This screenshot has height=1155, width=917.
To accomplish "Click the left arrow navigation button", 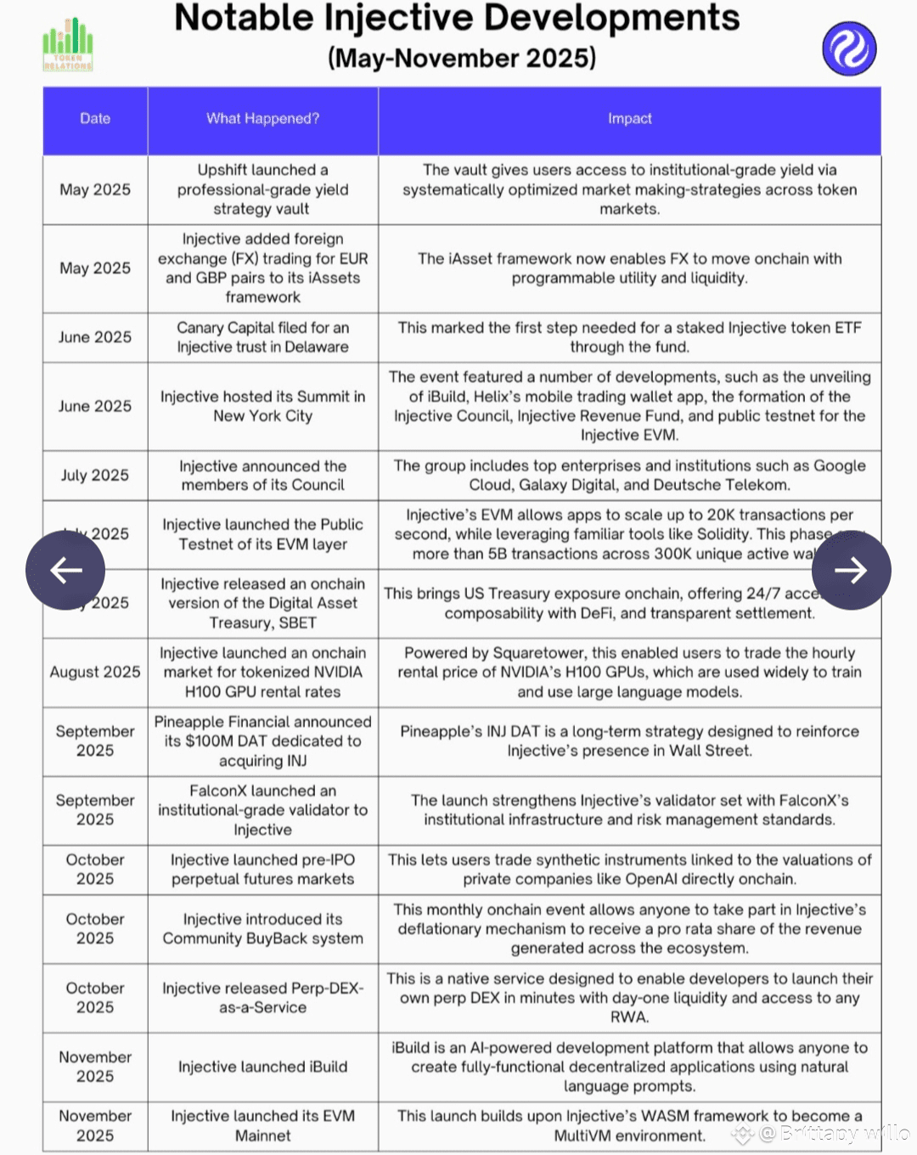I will (65, 570).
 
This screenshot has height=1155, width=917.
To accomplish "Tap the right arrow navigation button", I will (850, 570).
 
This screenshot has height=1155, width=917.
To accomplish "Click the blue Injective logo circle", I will (849, 48).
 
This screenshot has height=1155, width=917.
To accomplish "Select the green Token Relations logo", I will (68, 46).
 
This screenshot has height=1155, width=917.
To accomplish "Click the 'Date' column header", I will (95, 119).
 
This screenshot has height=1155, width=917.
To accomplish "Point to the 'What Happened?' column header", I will (262, 119).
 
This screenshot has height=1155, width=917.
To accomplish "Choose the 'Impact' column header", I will (629, 119).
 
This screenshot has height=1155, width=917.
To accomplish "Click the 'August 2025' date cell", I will (95, 672).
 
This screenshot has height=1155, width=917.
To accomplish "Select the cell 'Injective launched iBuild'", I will (262, 1067).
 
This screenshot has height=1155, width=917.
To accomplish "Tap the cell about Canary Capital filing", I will (262, 337).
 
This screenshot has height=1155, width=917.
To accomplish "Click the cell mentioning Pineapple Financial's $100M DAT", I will (262, 741).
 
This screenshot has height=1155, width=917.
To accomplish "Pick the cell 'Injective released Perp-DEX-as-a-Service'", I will (262, 998).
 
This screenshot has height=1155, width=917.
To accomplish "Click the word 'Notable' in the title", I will (244, 19).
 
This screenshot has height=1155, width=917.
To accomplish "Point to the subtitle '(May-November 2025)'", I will (462, 58).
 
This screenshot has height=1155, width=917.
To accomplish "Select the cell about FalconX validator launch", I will (262, 810).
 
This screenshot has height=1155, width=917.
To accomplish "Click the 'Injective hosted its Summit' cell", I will (262, 406).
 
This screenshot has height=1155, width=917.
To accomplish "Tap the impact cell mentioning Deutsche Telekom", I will (629, 476).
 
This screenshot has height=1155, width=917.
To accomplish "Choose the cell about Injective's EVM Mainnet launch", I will (262, 1125).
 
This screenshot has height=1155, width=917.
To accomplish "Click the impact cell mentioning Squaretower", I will (629, 672).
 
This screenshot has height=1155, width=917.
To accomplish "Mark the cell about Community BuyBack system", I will (262, 928).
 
